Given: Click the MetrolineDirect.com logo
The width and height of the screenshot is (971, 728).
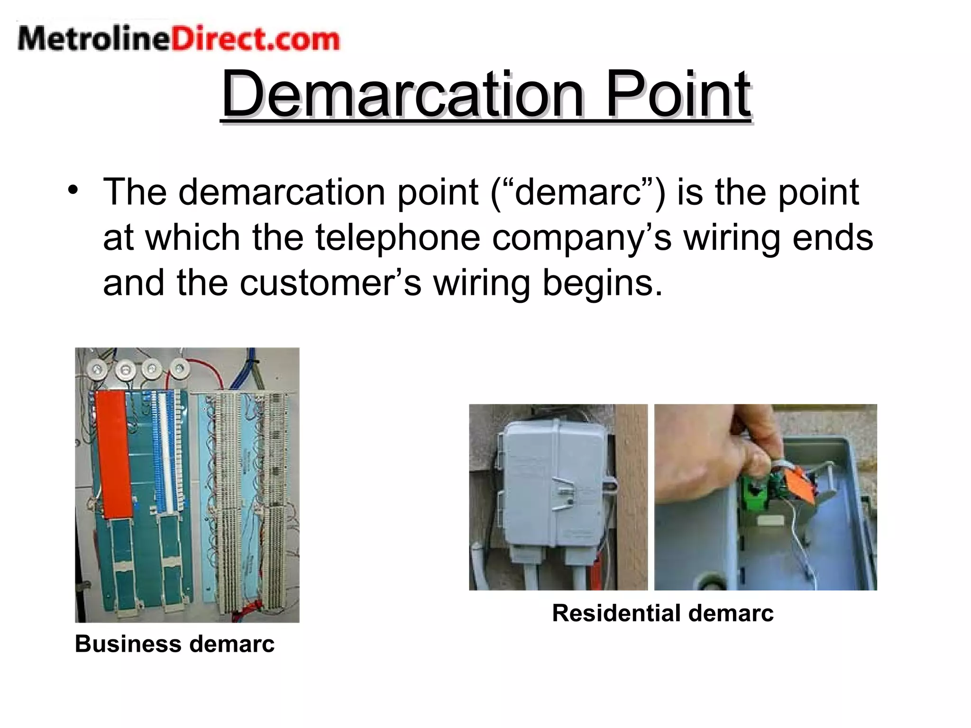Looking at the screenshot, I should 178,39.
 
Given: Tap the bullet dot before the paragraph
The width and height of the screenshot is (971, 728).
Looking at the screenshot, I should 73,191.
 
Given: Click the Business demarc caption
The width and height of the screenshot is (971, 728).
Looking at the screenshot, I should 174,644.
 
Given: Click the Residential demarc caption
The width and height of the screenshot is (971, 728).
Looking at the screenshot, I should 663,613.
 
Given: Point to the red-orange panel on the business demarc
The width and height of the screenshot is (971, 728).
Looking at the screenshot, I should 113,453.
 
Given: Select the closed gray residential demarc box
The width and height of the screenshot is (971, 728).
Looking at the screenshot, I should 552,488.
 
